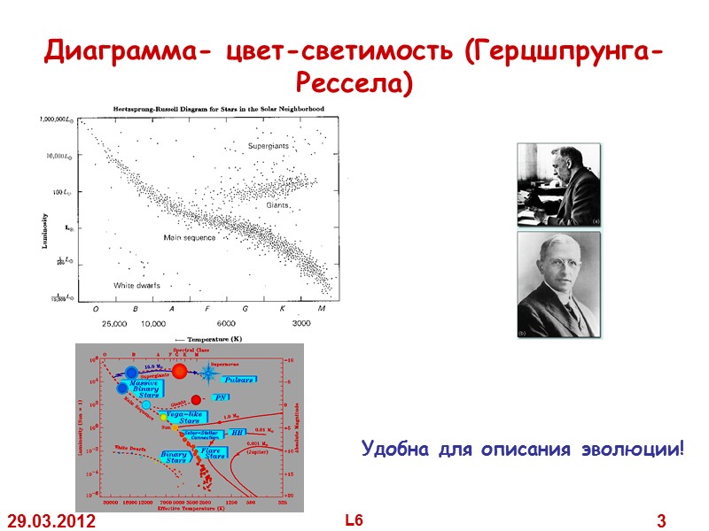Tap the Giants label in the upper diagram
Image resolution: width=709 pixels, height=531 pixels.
pyautogui.click(x=279, y=204)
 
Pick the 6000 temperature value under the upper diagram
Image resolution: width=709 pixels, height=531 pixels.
pyautogui.click(x=226, y=324)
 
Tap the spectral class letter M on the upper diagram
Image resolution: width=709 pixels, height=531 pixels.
pyautogui.click(x=321, y=309)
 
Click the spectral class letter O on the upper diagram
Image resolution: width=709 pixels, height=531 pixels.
pyautogui.click(x=96, y=309)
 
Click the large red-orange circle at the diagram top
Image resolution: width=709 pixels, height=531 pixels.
pyautogui.click(x=180, y=371)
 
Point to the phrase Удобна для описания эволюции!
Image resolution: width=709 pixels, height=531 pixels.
pyautogui.click(x=523, y=450)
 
